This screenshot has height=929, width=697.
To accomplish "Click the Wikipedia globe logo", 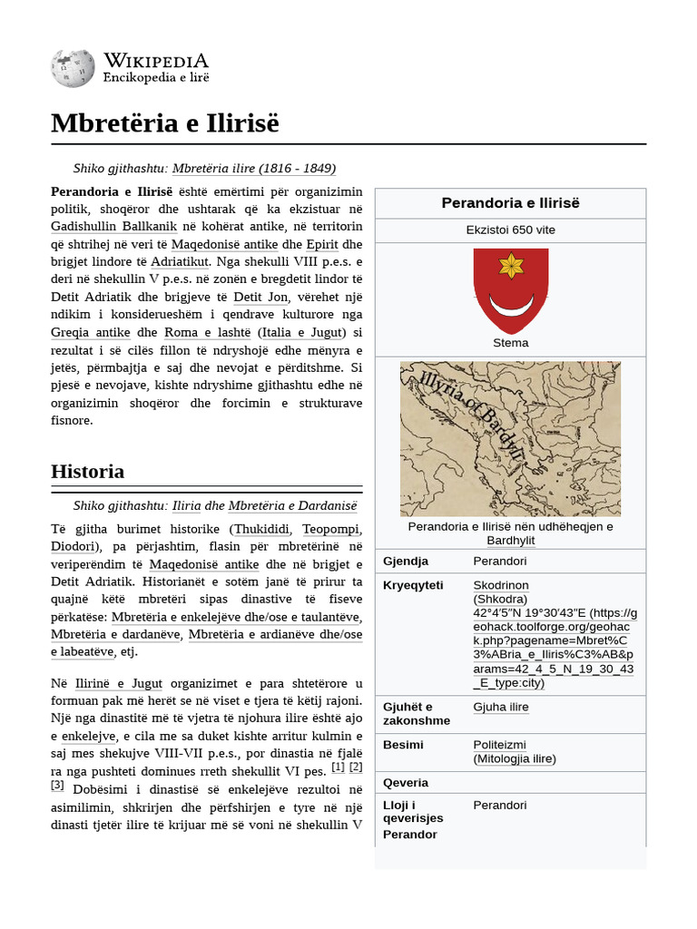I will click(73, 69).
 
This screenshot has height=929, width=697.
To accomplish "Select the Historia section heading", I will click(88, 472).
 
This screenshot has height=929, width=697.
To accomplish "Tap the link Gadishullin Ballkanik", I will click(113, 226).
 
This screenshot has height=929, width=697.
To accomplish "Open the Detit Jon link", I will click(260, 297).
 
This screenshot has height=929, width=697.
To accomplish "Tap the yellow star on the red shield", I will click(511, 266).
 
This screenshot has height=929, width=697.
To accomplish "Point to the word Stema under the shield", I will click(510, 343).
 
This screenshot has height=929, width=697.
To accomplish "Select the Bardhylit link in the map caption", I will click(510, 541).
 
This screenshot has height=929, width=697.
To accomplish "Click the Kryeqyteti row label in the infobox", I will click(413, 585).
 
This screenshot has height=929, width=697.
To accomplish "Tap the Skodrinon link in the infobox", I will click(501, 585).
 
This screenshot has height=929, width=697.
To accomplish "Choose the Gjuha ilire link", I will click(501, 707).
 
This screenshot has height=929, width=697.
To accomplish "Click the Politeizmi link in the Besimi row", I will click(499, 745).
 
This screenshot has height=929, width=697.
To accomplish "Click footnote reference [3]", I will click(57, 785).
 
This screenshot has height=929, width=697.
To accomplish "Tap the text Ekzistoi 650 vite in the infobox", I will click(510, 230).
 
